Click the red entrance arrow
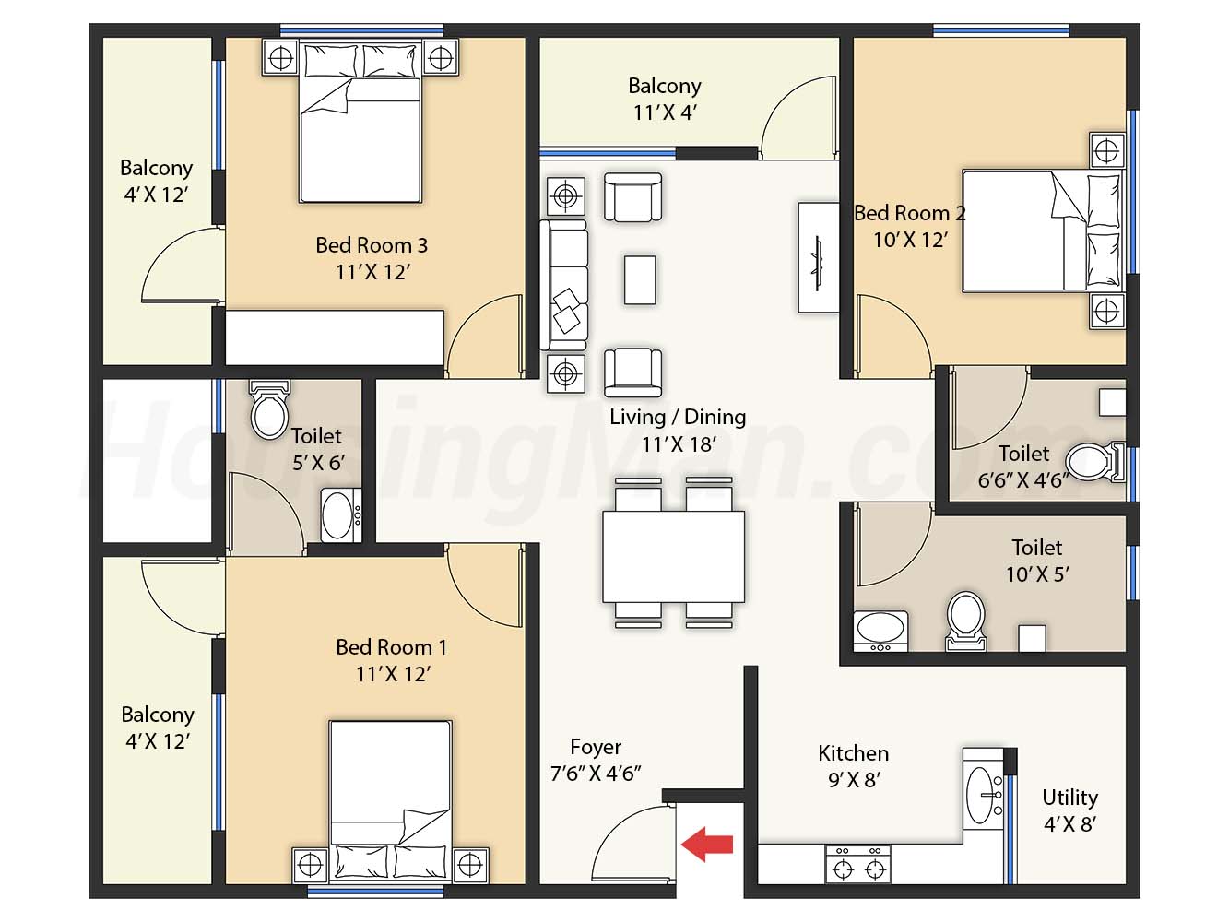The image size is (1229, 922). click(706, 845)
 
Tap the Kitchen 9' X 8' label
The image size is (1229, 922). click(853, 766)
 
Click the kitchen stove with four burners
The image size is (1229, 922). click(857, 864)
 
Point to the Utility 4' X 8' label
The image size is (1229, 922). click(1069, 810)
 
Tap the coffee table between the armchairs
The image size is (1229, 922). click(640, 280)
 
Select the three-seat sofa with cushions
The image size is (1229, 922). click(564, 286)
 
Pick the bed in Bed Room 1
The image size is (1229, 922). click(391, 800)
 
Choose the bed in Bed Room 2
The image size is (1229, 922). click(1043, 230)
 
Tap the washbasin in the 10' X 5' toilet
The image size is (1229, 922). click(880, 631)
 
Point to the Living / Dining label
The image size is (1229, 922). click(678, 417)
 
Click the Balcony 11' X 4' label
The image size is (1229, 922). click(665, 99)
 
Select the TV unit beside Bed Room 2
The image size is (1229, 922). click(818, 257)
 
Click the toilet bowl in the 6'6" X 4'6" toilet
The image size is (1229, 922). click(1095, 463)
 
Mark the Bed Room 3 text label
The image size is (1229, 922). click(372, 245)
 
